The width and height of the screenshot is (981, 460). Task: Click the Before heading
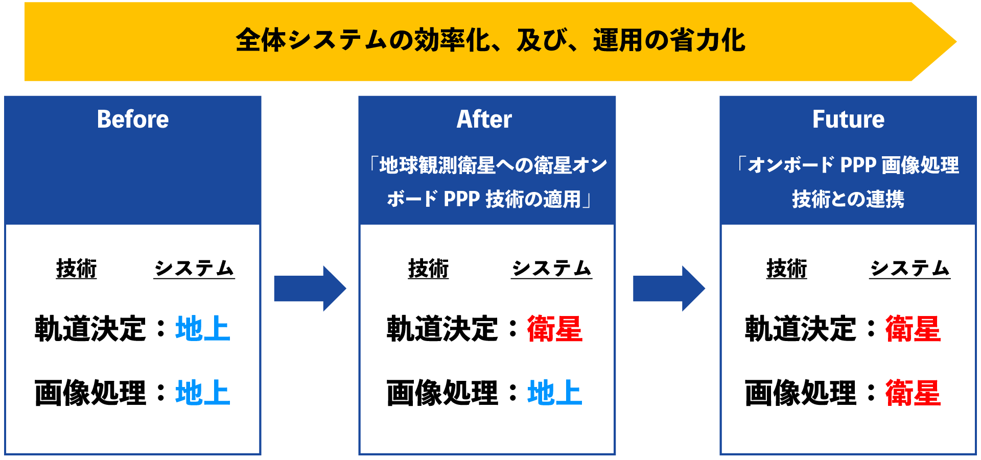click(133, 119)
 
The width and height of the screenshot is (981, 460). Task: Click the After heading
click(484, 119)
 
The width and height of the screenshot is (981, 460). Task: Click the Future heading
click(848, 119)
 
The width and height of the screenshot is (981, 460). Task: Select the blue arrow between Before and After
click(310, 288)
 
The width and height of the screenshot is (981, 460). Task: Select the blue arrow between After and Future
click(669, 288)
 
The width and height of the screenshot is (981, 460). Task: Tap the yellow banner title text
click(491, 40)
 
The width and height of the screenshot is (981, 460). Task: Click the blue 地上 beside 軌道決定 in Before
click(203, 328)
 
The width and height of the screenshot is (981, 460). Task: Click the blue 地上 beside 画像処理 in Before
click(203, 393)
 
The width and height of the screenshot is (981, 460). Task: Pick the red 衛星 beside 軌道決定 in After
click(555, 328)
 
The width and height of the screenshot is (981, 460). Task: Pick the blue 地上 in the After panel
click(555, 393)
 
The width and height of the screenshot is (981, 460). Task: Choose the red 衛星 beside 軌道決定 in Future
click(913, 328)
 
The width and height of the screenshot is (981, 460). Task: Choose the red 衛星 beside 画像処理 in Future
click(913, 393)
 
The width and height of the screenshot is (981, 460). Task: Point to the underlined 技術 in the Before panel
click(77, 269)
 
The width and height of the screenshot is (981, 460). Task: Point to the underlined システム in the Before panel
click(194, 269)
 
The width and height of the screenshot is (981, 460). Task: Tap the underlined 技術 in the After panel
click(428, 269)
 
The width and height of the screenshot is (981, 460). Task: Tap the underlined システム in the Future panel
click(910, 269)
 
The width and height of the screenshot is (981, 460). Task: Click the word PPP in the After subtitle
click(461, 199)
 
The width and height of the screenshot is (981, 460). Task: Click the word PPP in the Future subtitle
click(858, 165)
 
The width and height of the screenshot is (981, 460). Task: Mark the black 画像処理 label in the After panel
click(442, 393)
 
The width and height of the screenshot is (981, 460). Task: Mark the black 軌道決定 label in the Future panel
click(801, 328)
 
